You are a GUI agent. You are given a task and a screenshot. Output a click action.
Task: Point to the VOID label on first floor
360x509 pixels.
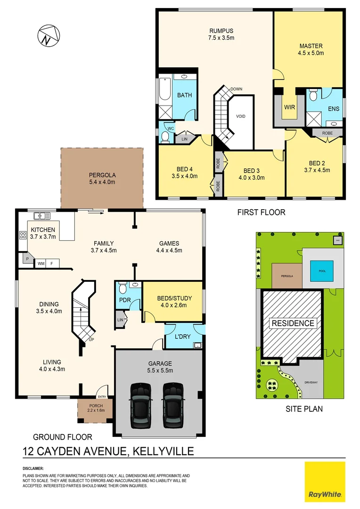pyautogui.click(x=240, y=116)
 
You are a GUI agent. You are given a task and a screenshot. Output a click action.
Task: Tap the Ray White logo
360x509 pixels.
pyautogui.click(x=325, y=481)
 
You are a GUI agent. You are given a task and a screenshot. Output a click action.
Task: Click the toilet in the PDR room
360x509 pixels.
pyautogui.click(x=123, y=288)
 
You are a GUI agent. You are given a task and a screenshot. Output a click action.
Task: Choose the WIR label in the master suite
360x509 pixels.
pyautogui.click(x=289, y=107)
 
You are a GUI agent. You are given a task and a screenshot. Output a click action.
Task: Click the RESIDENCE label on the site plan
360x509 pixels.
pyautogui.click(x=292, y=323)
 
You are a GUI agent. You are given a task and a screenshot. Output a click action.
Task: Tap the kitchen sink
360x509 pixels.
pyautogui.click(x=42, y=216)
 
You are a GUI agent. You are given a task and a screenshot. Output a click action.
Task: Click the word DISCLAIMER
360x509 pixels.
pyautogui.click(x=33, y=468)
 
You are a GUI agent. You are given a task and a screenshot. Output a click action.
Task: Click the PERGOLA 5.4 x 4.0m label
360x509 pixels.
pyautogui.click(x=102, y=178)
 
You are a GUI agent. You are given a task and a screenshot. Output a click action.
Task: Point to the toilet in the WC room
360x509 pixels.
pyautogui.click(x=165, y=136)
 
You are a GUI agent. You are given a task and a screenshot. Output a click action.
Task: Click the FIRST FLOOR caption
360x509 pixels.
pyautogui.click(x=261, y=212)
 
